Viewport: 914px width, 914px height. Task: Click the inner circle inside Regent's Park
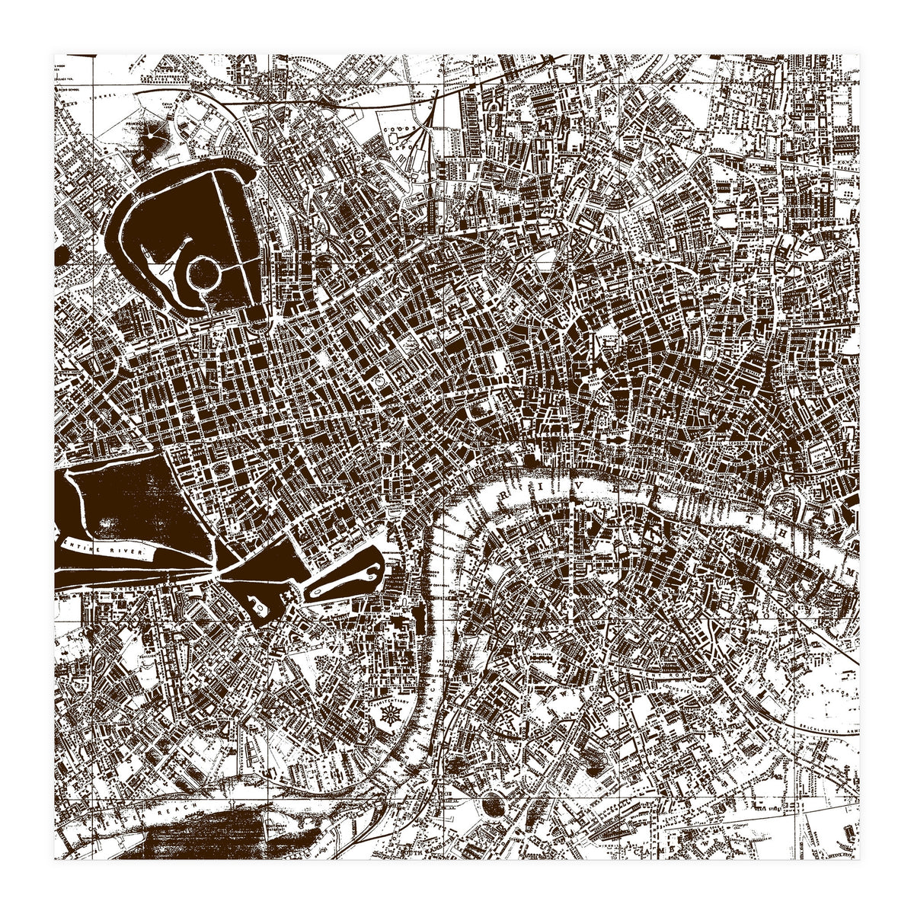point(204,272)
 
